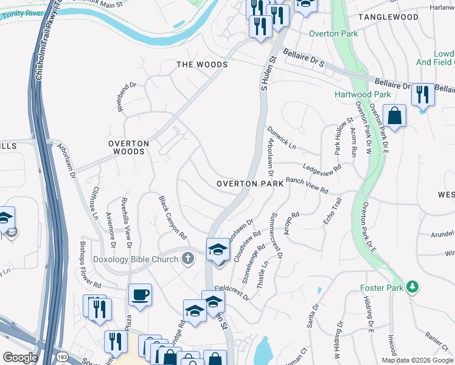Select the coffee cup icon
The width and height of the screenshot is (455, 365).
pos(140,295)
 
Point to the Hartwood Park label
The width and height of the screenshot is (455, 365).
pos(363,95)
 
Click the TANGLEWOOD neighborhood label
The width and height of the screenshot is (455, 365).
pos(388,17)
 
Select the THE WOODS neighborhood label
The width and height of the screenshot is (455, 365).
pos(202,64)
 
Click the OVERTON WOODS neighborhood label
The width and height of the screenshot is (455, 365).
pos(128,147)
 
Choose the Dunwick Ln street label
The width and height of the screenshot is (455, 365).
pos(281,139)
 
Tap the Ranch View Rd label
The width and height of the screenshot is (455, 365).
pos(307,185)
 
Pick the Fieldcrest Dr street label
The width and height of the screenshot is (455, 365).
pos(232,293)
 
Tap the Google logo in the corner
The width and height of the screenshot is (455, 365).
pos(20,357)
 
